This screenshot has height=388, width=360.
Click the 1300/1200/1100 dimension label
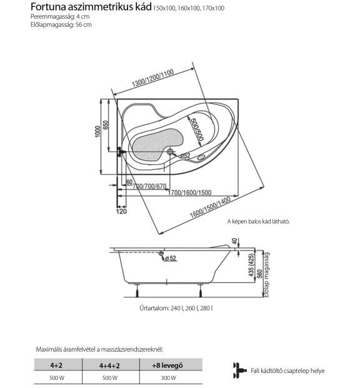click(153, 78)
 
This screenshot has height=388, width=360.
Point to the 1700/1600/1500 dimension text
click(189, 193)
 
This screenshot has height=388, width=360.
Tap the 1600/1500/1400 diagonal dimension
click(210, 207)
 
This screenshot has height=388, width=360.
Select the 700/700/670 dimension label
click(149, 186)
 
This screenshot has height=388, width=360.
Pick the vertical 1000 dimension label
click(98, 131)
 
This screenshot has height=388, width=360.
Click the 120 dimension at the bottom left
click(121, 212)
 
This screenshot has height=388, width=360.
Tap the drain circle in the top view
click(170, 151)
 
